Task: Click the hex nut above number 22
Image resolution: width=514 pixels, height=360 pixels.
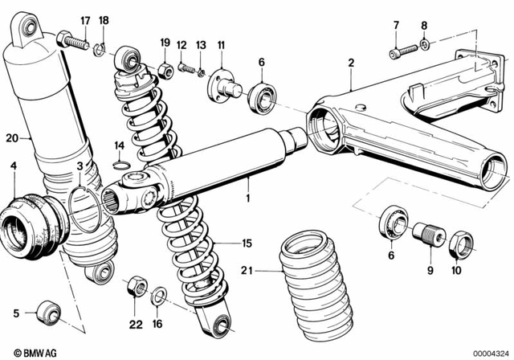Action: [x=134, y=286]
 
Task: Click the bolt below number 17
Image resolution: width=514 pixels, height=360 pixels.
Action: [x=74, y=40]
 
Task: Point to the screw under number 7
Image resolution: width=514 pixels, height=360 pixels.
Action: [x=402, y=51]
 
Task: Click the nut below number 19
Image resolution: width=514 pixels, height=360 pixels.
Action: [x=165, y=69]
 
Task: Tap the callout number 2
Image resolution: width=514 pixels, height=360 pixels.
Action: [x=351, y=62]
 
